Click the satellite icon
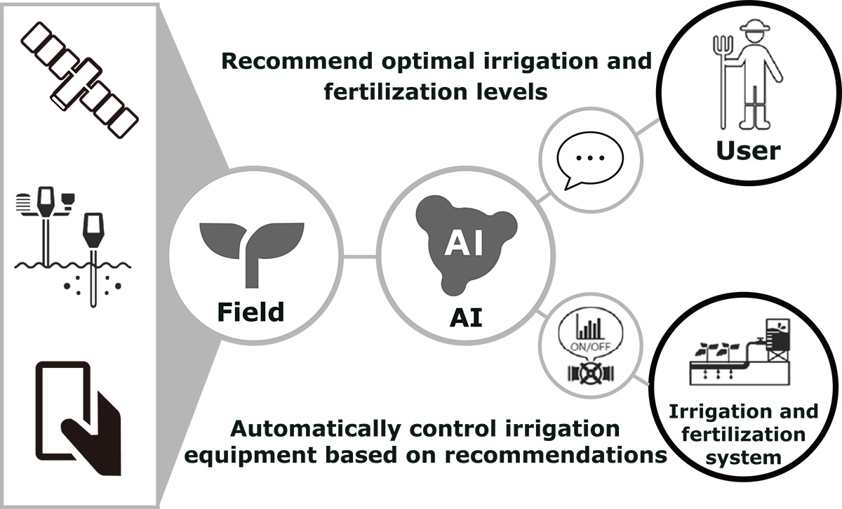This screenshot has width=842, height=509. coord(79,80)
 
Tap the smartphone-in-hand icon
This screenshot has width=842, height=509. coord(79,418)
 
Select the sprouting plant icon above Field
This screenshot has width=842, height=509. coord(251,255)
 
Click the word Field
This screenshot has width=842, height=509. coord(250,312)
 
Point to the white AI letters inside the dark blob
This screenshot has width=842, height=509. coord(464,244)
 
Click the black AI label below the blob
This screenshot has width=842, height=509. coord(466,317)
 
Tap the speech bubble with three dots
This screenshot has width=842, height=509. coord(590,160)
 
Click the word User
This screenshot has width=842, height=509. coord(749,150)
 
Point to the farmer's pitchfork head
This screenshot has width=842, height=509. coord(723,49)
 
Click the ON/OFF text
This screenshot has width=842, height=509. coord(591,346)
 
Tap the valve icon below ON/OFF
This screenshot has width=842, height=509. coord(591,373)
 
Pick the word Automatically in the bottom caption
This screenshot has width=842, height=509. coord(314,429)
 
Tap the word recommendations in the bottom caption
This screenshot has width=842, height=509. coord(556,455)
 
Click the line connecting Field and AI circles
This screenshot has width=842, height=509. coord(360,256)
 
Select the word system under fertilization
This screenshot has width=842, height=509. coord(744,458)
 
